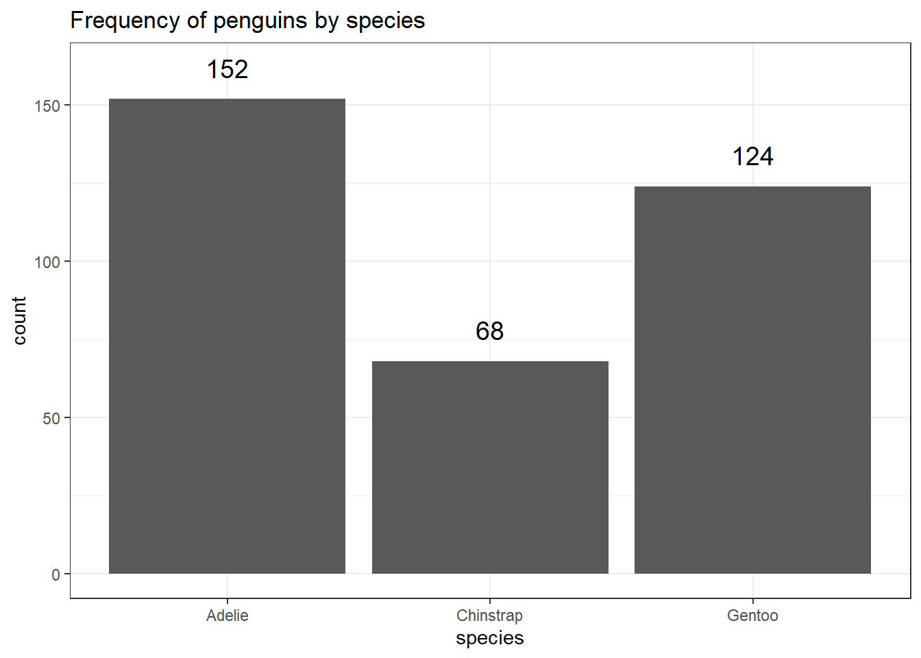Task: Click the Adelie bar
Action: point(227,336)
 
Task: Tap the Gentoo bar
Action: point(752,380)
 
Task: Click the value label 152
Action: point(228,69)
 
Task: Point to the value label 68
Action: point(490,331)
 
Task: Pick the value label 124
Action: point(752,157)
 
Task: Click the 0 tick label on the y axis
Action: point(56,574)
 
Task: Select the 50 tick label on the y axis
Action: point(51,418)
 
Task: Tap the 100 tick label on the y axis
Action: point(47,262)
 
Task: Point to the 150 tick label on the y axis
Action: point(47,106)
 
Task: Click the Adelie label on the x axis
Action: point(228,616)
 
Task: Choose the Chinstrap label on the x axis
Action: point(490,616)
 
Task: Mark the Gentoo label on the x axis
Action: point(752,616)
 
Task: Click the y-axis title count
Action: point(19,321)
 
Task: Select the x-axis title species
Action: point(490,638)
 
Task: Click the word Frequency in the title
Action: point(125,21)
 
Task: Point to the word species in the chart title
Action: point(385,21)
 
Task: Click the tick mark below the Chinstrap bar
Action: point(490,601)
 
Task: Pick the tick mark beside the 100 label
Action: point(66,261)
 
